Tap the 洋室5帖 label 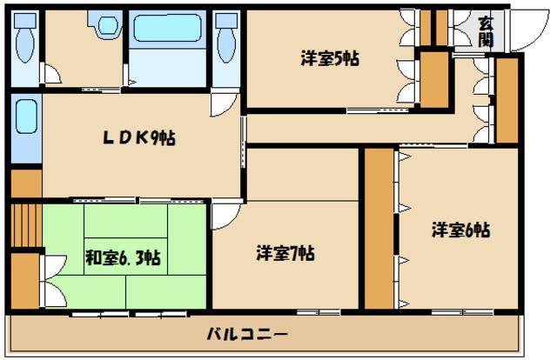point(331,59)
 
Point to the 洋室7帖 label point(285,253)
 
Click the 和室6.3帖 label point(122,257)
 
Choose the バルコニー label point(247,334)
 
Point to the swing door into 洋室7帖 point(224,213)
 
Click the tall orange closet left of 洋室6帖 point(379,228)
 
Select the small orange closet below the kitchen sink point(26,183)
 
